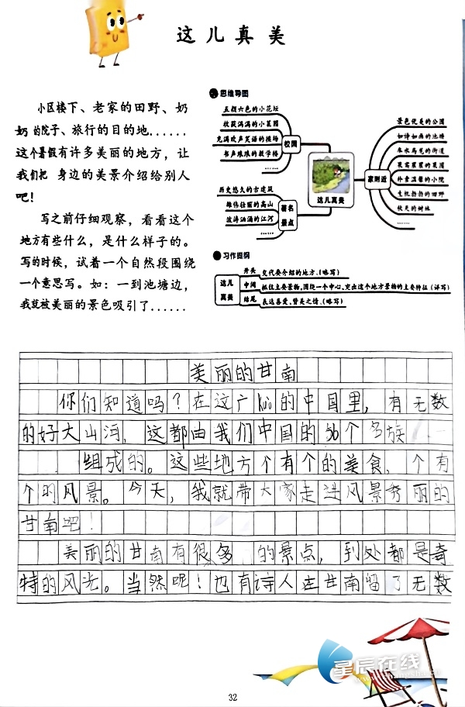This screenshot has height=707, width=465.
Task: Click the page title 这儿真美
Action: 231,36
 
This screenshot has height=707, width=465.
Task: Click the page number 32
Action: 232,697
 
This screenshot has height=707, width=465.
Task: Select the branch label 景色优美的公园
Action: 422,121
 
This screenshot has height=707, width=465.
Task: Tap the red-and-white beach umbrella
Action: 423,626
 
